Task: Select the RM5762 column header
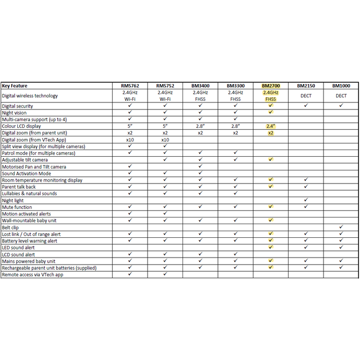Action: [x=130, y=86]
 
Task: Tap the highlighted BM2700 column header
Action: [x=271, y=86]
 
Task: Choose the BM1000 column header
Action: [x=341, y=86]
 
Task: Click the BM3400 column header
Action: [x=200, y=86]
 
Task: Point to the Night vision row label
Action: [x=14, y=113]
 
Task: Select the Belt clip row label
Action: [x=11, y=228]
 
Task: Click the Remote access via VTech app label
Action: [x=32, y=275]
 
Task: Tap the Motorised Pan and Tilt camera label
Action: [x=34, y=167]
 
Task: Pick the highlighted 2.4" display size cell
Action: [x=271, y=126]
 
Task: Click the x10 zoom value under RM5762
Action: [x=130, y=140]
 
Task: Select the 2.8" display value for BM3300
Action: [x=236, y=126]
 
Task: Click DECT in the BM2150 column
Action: [x=306, y=96]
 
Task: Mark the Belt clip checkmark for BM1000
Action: [x=341, y=228]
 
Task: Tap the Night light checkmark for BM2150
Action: [x=306, y=200]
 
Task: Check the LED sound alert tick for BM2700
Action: [x=271, y=247]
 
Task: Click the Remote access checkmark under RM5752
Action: [x=165, y=274]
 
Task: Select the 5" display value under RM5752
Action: [x=165, y=126]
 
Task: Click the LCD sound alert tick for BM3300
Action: [x=236, y=255]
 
